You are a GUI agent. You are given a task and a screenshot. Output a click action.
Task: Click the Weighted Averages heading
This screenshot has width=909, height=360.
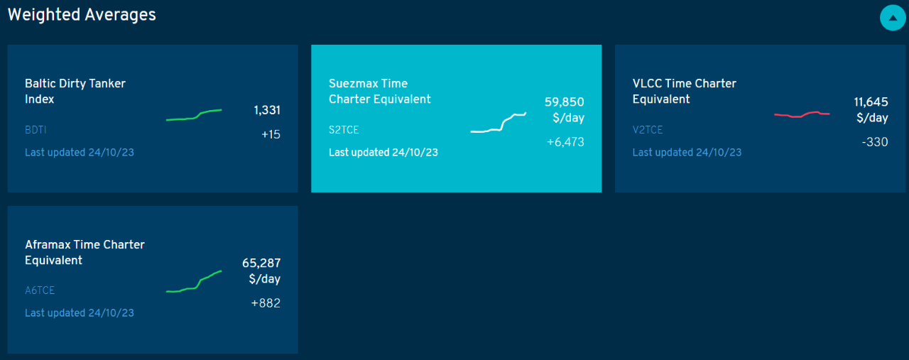(x=82, y=15)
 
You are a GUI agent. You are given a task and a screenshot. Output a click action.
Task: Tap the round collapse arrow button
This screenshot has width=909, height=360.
(x=893, y=18)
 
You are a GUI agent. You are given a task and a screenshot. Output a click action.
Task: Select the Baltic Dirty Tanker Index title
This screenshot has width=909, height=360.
(x=75, y=91)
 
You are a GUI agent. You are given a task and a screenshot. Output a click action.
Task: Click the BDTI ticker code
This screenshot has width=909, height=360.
(x=36, y=130)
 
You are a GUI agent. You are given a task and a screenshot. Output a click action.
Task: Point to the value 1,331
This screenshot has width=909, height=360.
(x=267, y=110)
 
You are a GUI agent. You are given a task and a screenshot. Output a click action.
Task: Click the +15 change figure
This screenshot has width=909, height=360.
(x=271, y=134)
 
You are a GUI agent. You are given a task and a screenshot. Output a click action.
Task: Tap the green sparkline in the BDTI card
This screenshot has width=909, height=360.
(x=194, y=115)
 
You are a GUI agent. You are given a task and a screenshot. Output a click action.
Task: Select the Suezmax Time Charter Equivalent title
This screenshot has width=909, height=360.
(x=379, y=91)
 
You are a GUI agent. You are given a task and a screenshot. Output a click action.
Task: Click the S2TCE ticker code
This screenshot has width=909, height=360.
(x=344, y=130)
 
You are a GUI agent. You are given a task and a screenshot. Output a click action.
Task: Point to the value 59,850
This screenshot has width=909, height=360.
(x=564, y=102)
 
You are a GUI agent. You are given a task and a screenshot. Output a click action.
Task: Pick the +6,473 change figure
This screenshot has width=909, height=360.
(x=565, y=142)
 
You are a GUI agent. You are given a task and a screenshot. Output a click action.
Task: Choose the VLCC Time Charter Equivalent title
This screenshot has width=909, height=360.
(x=684, y=91)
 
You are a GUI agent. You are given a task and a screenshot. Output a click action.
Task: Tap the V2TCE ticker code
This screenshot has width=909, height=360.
(x=648, y=130)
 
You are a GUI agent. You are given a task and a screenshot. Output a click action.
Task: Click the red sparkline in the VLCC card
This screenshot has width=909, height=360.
(x=802, y=114)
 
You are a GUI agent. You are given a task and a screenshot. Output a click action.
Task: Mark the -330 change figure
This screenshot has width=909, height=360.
(x=874, y=142)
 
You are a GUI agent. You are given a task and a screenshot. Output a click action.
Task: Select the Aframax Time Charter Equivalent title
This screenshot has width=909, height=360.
(x=85, y=252)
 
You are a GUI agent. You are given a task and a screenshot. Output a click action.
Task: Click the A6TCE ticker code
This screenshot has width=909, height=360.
(x=40, y=290)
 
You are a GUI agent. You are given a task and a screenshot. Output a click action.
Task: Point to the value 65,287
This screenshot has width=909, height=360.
(x=261, y=263)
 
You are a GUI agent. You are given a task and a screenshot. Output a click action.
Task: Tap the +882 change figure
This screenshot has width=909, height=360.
(x=266, y=303)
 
